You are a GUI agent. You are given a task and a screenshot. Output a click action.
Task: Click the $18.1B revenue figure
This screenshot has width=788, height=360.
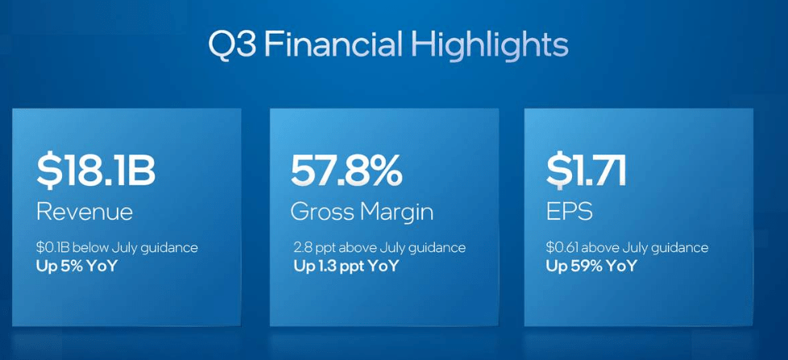[x=96, y=170]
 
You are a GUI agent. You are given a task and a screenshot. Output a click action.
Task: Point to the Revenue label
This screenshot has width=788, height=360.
[x=85, y=212]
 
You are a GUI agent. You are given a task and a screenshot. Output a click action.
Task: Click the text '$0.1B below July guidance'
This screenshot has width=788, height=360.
[x=117, y=247]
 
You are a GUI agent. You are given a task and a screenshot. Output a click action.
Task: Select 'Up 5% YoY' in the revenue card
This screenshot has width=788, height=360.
[x=77, y=265]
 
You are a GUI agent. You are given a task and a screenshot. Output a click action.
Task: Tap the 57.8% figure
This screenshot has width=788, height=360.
[x=346, y=170]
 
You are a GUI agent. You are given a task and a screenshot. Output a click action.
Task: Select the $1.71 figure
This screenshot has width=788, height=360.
[x=586, y=170]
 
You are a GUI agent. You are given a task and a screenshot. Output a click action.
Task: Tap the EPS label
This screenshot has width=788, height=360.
[x=569, y=212]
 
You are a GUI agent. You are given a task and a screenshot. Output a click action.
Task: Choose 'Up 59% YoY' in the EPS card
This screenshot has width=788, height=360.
[x=591, y=266]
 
